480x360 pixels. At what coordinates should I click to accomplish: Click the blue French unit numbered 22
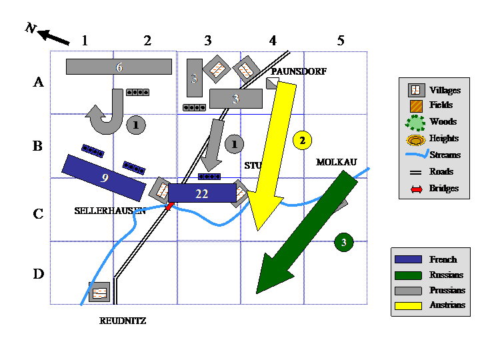point(202,193)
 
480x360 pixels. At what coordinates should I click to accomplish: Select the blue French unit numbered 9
point(104,177)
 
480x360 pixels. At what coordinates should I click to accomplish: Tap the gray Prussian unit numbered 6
point(119,66)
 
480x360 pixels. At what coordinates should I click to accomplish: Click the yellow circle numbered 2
point(302,140)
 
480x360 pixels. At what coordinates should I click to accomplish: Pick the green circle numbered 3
point(343,242)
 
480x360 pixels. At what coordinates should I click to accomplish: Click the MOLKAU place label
point(337,162)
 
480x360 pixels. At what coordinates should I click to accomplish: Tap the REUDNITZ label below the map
point(123,321)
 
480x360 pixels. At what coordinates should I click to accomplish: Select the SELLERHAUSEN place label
point(110,211)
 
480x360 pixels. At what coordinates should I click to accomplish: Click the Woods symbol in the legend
point(416,122)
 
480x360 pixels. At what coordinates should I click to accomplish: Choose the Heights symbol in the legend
point(416,139)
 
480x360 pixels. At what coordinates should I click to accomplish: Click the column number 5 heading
point(341,41)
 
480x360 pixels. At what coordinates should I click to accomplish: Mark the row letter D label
point(39,273)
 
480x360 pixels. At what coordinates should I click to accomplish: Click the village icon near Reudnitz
point(99,292)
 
